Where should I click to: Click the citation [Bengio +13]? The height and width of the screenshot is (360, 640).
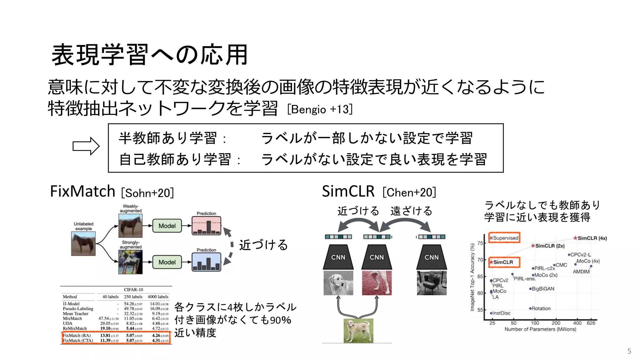tap(320, 109)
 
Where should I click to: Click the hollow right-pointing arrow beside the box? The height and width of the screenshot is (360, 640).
tap(86, 146)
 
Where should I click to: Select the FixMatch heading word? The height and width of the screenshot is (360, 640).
tap(82, 191)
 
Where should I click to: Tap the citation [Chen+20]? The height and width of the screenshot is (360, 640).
tap(409, 192)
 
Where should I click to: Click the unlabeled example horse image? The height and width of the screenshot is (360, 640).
tap(83, 244)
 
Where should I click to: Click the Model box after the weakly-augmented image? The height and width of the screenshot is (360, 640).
tap(167, 226)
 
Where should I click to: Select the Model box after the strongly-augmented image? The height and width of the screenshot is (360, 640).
tap(167, 262)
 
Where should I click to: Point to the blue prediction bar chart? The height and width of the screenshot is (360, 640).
tap(206, 262)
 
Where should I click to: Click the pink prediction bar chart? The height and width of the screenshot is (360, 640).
tap(206, 226)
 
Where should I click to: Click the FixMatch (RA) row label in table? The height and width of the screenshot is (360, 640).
tap(77, 335)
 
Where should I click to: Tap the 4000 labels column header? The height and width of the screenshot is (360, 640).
tap(158, 297)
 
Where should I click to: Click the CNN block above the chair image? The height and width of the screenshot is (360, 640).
tap(431, 257)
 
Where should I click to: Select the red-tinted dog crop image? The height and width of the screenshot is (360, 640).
tap(377, 283)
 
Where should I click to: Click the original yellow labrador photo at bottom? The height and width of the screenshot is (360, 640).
tap(358, 331)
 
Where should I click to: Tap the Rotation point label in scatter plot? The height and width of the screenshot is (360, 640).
tap(541, 308)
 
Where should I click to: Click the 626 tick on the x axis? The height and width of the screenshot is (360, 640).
tap(591, 323)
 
